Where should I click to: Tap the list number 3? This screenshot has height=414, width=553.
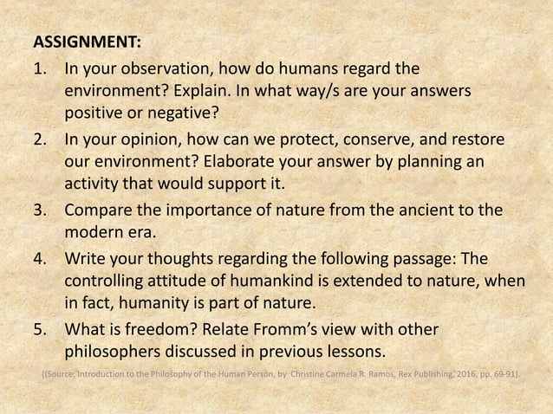tap(39, 209)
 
